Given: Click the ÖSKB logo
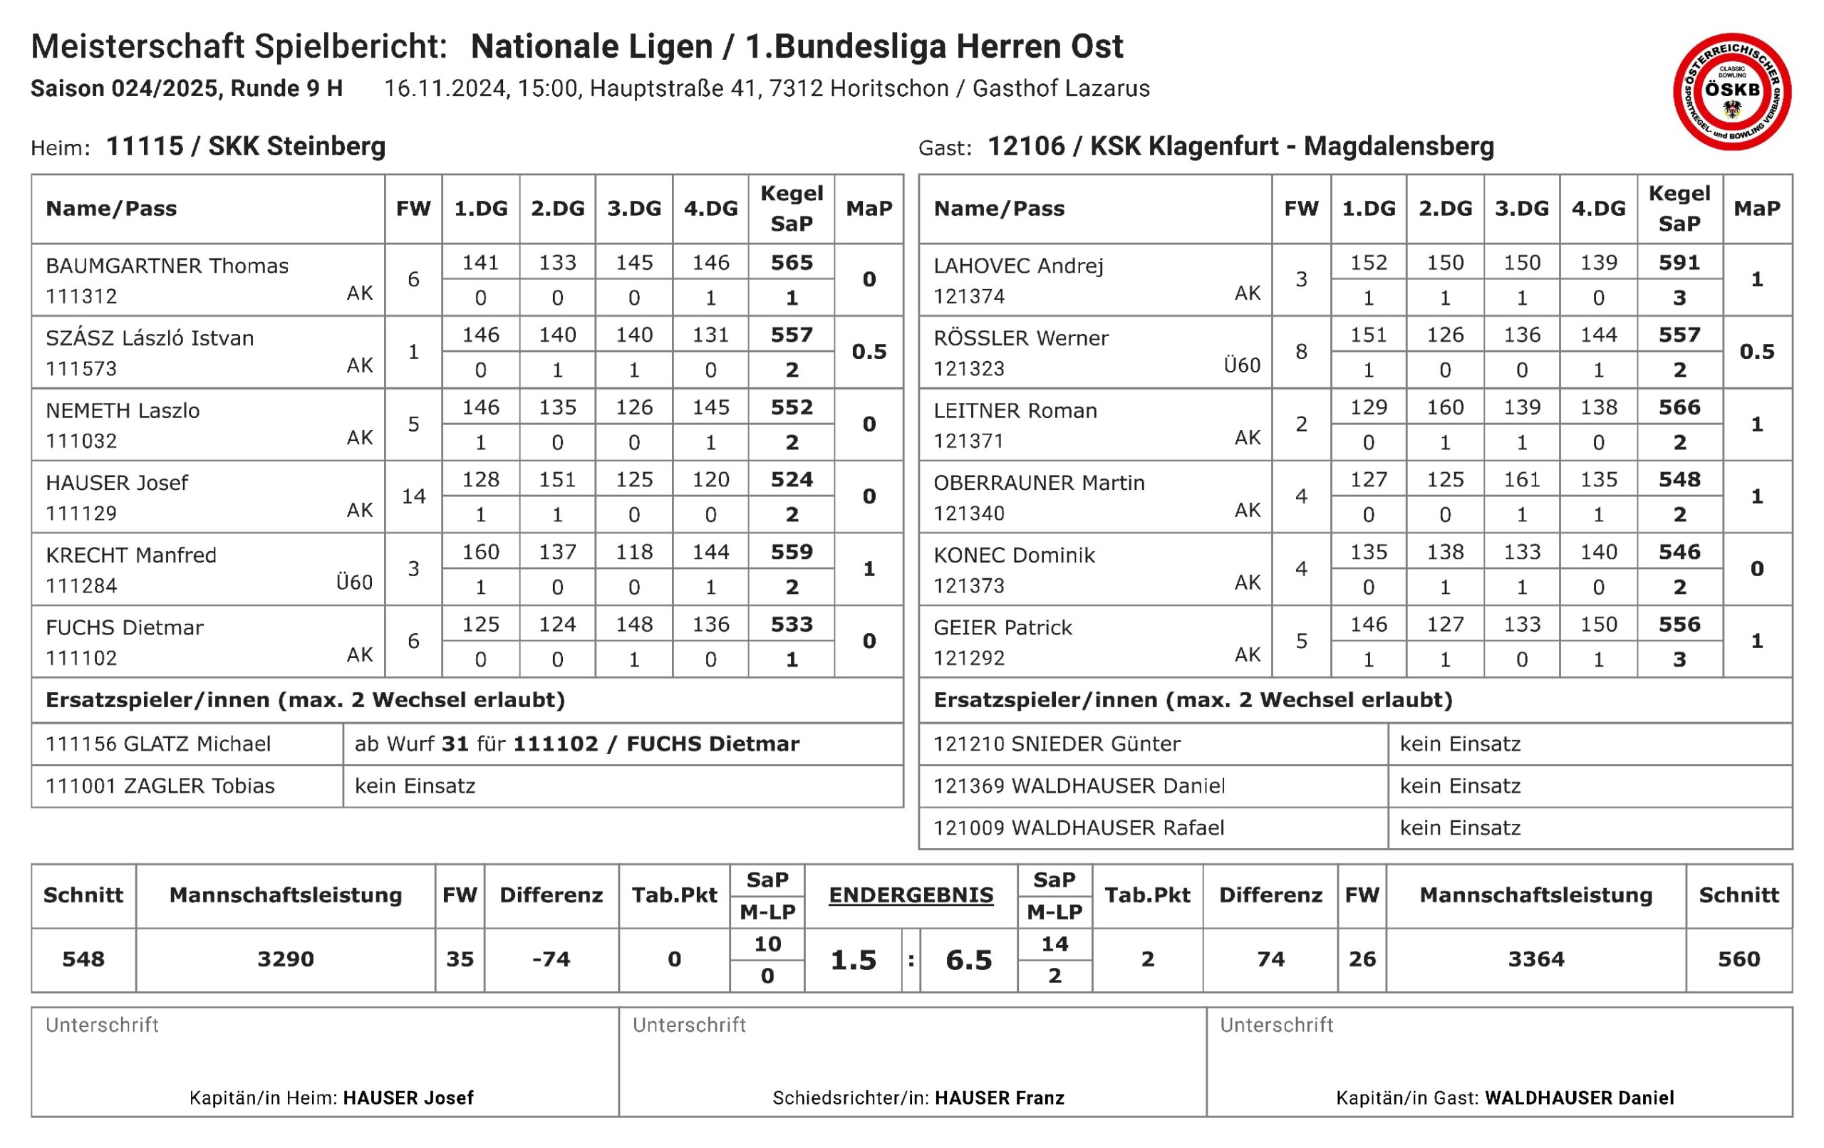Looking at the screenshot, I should coord(1731,92).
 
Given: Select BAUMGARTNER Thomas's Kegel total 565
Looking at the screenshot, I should coord(792,263).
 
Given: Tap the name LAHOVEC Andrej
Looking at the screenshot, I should coord(1018,266).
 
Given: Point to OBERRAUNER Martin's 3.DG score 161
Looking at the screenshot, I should coord(1522,480).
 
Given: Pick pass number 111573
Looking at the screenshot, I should coord(81,369).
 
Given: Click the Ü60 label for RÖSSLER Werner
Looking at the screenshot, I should coord(1243,365).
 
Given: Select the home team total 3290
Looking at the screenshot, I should coord(286,959).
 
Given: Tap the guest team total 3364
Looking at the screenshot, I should coord(1536,959).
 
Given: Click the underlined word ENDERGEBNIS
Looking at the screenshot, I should coord(911,895).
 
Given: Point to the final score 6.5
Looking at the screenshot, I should coord(969,960).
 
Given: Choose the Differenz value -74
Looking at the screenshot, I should coord(551,959).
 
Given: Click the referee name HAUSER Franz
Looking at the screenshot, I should coord(999,1098).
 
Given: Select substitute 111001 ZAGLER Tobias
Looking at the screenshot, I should coord(160,786).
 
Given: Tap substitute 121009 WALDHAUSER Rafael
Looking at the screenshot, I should coord(1079,828).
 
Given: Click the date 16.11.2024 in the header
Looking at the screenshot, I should coord(445,88).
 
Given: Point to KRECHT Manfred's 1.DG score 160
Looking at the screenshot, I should coord(481,552).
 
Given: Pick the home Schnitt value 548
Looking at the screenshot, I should coord(83,959).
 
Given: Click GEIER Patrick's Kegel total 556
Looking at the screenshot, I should coord(1679,625).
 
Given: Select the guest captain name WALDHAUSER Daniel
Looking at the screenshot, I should coord(1580,1098).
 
